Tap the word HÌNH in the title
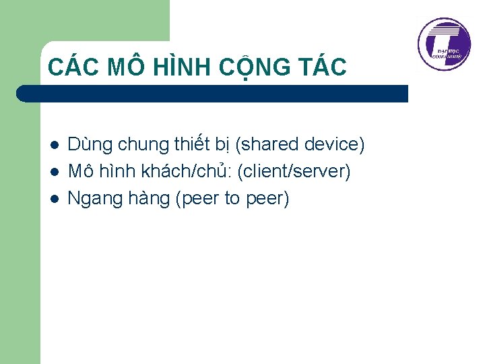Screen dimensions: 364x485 178,67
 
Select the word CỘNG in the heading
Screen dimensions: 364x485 252,67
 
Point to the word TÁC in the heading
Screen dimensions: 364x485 321,67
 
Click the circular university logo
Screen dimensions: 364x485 444,44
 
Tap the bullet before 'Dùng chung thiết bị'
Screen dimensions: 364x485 53,145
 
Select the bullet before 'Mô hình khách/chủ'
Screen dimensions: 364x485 53,172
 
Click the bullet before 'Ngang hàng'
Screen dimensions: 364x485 53,199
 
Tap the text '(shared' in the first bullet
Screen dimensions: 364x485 267,144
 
